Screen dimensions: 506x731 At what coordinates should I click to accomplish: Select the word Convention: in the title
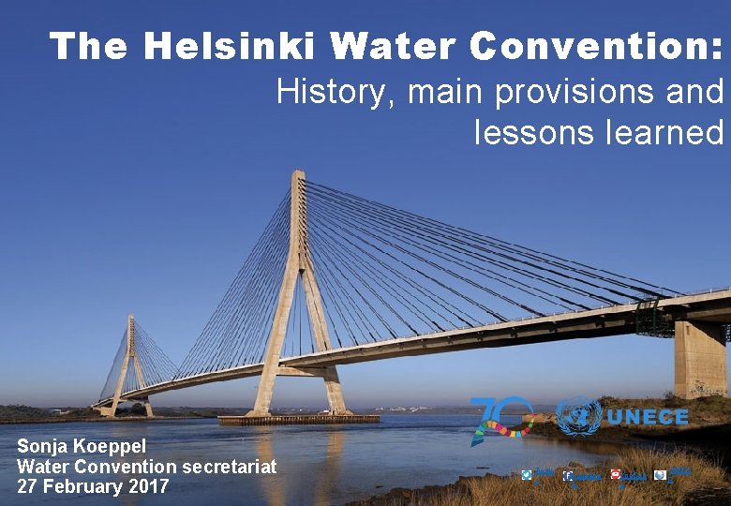click(597, 45)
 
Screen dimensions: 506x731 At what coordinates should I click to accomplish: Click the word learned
click(666, 132)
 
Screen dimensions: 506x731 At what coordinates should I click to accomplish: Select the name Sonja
click(41, 447)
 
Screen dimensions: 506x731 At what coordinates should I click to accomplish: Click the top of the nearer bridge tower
click(298, 175)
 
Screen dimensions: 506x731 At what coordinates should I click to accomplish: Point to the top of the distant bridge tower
click(130, 320)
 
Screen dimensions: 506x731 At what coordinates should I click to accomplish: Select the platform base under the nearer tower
click(299, 420)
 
